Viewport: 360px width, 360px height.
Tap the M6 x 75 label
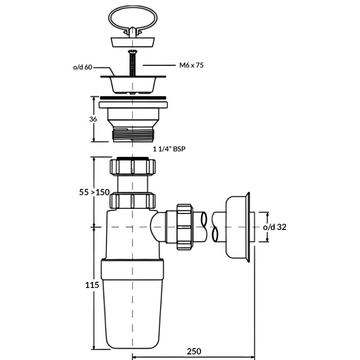[191, 65]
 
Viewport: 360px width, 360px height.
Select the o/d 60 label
[83, 67]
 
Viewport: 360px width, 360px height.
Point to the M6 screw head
[133, 51]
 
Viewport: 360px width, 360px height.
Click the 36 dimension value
[93, 119]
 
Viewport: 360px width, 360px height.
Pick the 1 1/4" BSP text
[169, 149]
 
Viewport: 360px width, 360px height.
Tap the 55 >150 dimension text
[94, 192]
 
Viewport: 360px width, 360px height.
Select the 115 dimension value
[92, 285]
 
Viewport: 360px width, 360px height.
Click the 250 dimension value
[194, 351]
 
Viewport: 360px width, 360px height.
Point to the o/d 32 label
[275, 227]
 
